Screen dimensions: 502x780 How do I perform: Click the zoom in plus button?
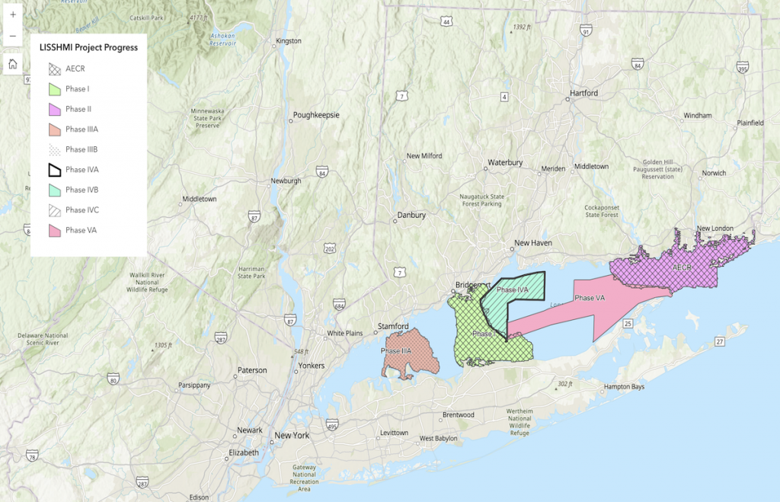point(13,14)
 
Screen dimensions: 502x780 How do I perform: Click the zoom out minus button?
point(13,36)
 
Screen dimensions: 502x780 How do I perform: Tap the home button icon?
point(13,64)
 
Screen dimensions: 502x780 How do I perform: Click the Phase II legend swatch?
point(51,109)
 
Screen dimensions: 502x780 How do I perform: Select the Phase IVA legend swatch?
point(51,170)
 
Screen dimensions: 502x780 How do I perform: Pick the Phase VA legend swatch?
point(51,230)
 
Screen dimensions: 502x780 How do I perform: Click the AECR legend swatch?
point(51,69)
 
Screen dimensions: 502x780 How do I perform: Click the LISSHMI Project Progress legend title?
point(88,47)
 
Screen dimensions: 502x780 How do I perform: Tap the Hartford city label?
point(583,93)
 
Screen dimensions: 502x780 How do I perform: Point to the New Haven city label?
point(533,243)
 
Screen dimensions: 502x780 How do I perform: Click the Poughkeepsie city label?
point(316,115)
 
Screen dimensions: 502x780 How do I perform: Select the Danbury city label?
point(411,215)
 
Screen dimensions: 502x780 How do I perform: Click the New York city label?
point(292,436)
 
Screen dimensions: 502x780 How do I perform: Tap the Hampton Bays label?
point(624,387)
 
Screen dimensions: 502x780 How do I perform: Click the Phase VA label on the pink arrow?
point(590,298)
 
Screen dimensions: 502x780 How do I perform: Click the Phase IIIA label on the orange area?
point(396,350)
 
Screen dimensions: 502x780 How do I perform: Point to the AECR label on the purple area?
point(682,267)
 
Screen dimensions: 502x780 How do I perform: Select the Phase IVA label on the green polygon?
point(512,289)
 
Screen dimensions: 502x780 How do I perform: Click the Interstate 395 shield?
point(743,69)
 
